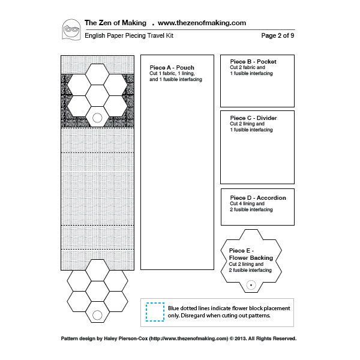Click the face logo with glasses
[x=71, y=30]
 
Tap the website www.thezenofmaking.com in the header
[x=202, y=23]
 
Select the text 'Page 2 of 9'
[x=278, y=35]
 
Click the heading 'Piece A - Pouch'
[x=172, y=67]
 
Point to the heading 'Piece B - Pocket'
[x=253, y=62]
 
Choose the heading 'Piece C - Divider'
[x=253, y=118]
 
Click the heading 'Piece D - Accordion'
[x=258, y=197]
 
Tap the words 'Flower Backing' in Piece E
[x=251, y=258]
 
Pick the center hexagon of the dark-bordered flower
[x=97, y=96]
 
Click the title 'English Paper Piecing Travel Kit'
[x=129, y=35]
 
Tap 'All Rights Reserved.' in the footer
[x=272, y=338]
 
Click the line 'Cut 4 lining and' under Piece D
[x=247, y=203]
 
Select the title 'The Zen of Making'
[x=115, y=23]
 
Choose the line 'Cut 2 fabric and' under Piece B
[x=247, y=67]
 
